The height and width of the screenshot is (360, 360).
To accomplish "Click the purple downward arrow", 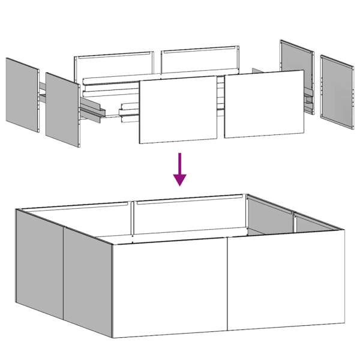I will tap(179, 169).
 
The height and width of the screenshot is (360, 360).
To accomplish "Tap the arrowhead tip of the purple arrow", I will tap(179, 185).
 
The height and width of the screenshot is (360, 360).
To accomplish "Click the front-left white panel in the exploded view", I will tap(178, 110).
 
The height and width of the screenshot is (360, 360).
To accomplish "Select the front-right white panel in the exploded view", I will tap(264, 104).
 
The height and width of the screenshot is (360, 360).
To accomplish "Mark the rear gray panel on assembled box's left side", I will tap(38, 262).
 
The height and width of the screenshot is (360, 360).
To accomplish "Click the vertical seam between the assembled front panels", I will tap(228, 286).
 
